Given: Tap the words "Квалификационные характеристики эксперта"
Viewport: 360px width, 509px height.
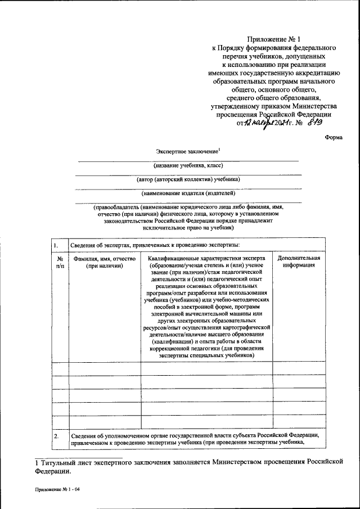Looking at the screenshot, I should [x=206, y=258].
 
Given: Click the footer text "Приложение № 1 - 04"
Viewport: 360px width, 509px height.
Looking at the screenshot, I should [x=56, y=490].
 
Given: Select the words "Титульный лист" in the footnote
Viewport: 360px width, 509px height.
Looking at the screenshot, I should [x=63, y=462].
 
